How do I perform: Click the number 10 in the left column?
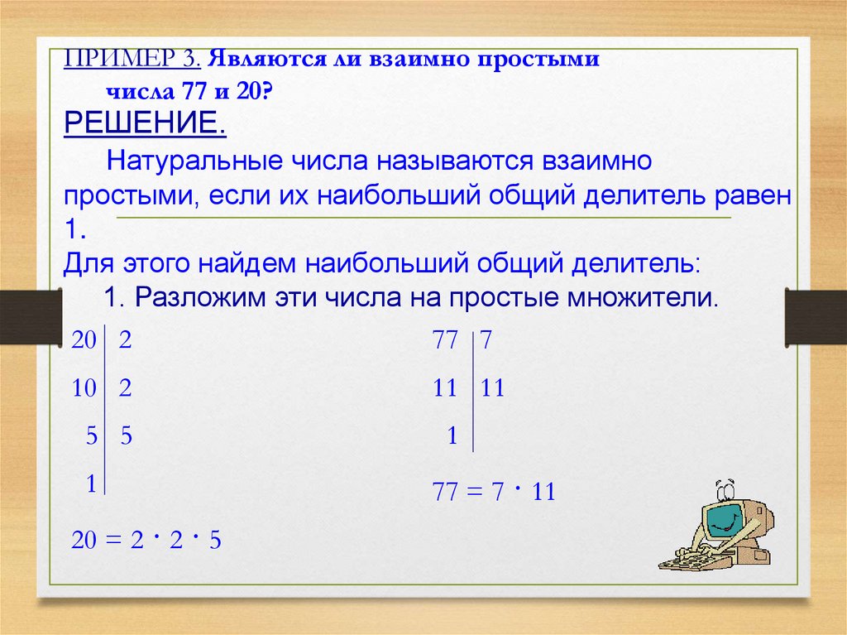84,388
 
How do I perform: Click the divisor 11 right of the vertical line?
492,388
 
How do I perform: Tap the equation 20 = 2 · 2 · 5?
146,540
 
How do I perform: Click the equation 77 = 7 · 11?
494,492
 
